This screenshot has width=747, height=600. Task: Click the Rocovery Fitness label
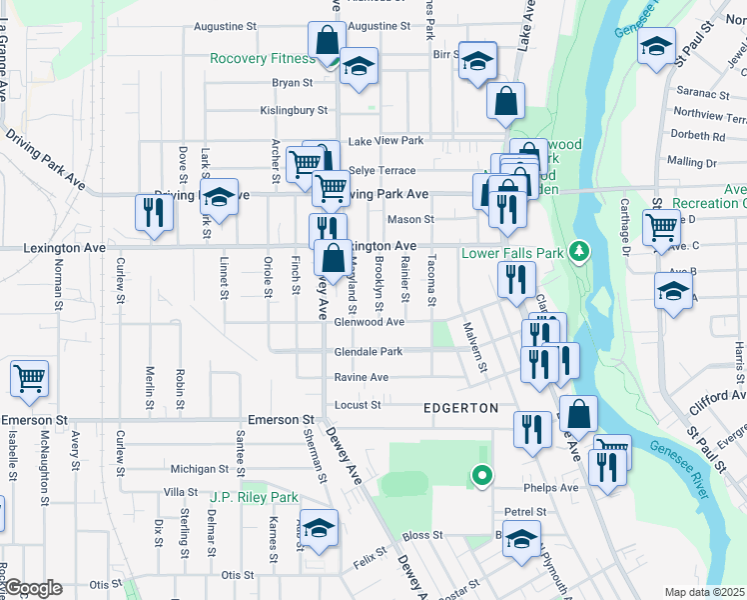263,58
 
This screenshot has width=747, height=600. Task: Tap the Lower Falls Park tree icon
576,251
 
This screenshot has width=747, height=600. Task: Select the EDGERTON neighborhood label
460,408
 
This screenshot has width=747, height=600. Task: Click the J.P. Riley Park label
255,497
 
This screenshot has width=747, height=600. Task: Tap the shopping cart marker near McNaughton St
30,378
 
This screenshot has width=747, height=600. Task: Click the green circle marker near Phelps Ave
482,476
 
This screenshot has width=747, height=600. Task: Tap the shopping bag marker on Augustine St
327,41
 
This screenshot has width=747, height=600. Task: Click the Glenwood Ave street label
369,322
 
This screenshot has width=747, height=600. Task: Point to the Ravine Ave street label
361,377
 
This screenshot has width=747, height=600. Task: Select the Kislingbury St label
294,110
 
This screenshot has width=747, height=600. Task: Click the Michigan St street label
200,468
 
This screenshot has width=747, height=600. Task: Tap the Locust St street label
358,405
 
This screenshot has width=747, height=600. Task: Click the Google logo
33,588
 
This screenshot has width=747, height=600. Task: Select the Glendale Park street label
368,351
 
